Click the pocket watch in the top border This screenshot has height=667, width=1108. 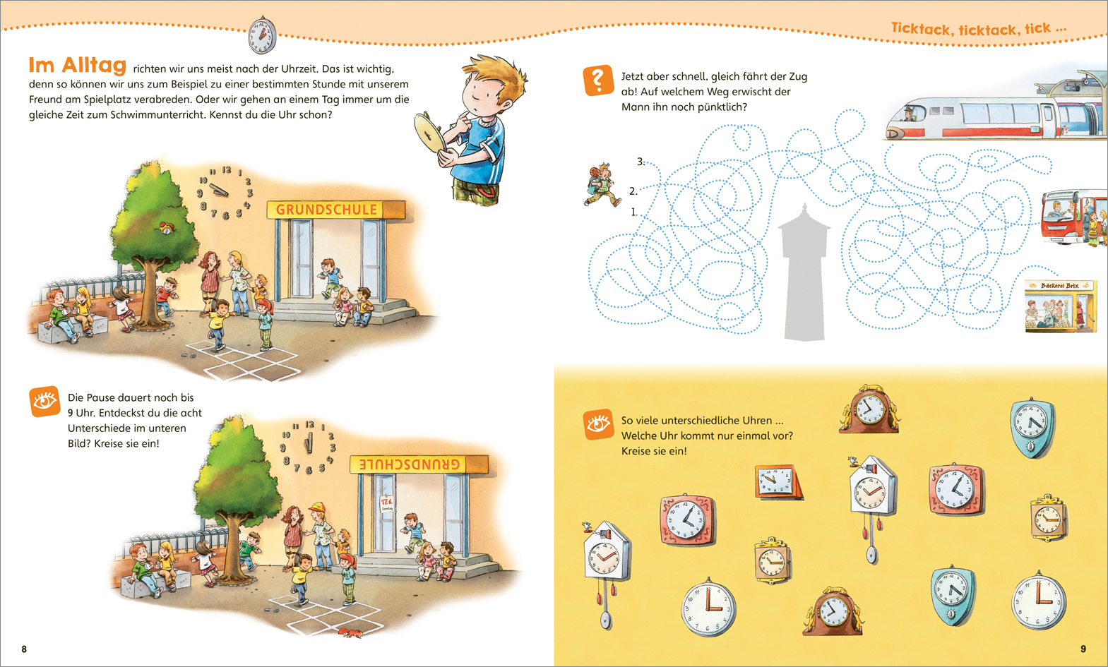(x=262, y=35)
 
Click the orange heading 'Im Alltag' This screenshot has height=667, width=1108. (x=78, y=65)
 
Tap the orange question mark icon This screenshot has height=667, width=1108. (x=598, y=80)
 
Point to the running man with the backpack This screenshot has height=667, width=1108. (x=602, y=185)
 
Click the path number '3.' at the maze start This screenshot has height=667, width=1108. (x=641, y=162)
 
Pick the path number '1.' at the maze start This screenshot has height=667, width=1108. (x=635, y=212)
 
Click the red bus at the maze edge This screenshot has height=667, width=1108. (x=1073, y=217)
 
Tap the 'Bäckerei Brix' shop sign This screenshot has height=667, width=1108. (x=1059, y=286)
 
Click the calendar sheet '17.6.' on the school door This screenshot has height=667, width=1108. (x=386, y=504)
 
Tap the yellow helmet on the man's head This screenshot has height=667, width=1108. (x=317, y=507)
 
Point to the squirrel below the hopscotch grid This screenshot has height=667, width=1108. (x=350, y=633)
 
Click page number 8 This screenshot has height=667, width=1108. (x=24, y=649)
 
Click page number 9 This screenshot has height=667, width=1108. (x=1083, y=649)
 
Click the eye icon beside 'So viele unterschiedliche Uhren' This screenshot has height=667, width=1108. (x=598, y=424)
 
